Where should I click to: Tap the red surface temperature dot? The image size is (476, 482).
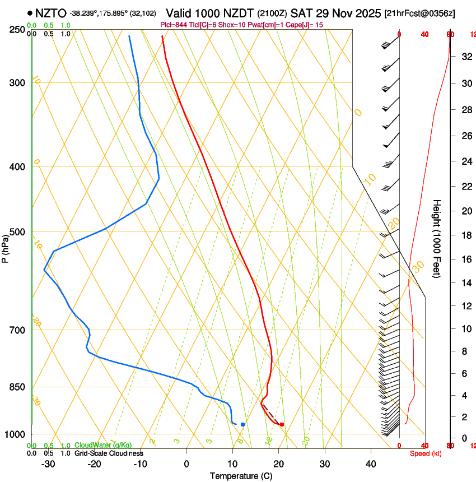point(282,424)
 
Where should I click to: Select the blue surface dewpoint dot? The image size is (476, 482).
point(242,424)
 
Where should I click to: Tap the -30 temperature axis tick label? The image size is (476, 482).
point(48,464)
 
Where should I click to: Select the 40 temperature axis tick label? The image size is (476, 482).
point(371,464)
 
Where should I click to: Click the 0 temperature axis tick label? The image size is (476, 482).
point(186,464)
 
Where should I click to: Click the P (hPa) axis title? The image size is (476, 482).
point(6,247)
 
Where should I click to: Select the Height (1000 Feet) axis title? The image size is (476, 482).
point(437,238)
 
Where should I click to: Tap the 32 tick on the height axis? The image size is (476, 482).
point(465,56)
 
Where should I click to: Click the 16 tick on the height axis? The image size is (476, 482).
point(465,259)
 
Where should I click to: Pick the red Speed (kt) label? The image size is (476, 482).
point(425,453)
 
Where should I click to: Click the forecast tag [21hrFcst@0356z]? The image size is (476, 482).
point(428,13)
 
